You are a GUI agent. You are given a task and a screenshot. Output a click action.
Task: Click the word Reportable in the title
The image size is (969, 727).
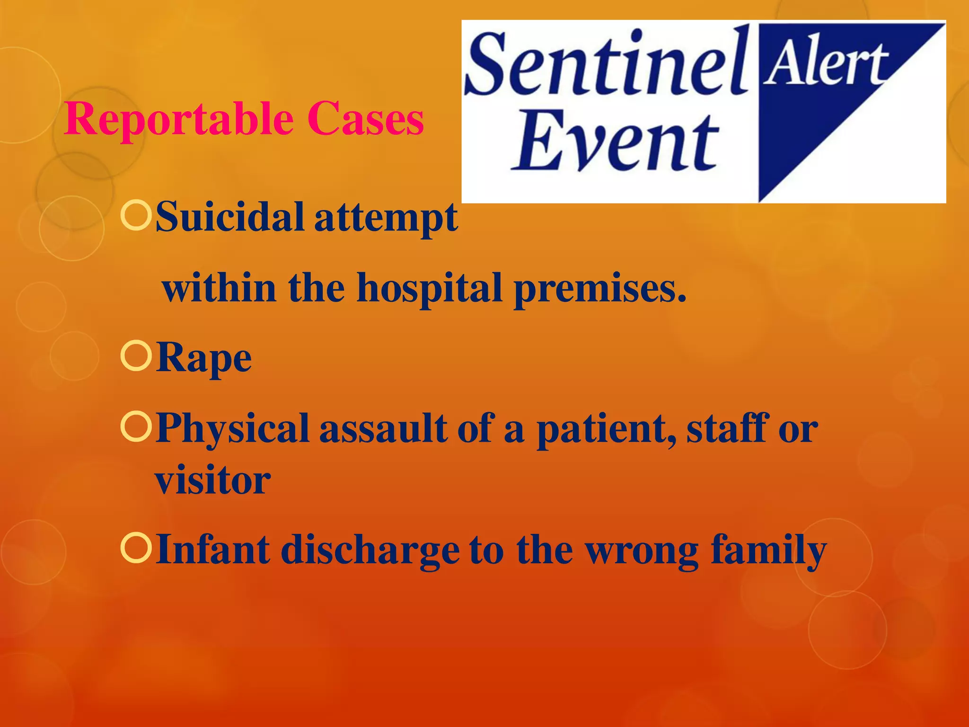179,119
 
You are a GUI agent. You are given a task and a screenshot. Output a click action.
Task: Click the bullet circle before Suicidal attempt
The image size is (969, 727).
136,215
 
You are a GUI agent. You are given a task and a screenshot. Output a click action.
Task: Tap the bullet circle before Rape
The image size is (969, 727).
136,356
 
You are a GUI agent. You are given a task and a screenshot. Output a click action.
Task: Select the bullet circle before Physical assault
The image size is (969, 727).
136,426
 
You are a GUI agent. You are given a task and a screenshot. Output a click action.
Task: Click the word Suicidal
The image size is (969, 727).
230,217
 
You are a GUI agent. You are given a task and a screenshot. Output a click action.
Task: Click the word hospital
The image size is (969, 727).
429,289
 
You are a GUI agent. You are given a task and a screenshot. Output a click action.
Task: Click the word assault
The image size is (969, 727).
383,428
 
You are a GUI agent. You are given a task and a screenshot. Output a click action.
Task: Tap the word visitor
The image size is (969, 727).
213,480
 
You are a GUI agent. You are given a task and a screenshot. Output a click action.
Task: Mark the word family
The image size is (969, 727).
768,550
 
